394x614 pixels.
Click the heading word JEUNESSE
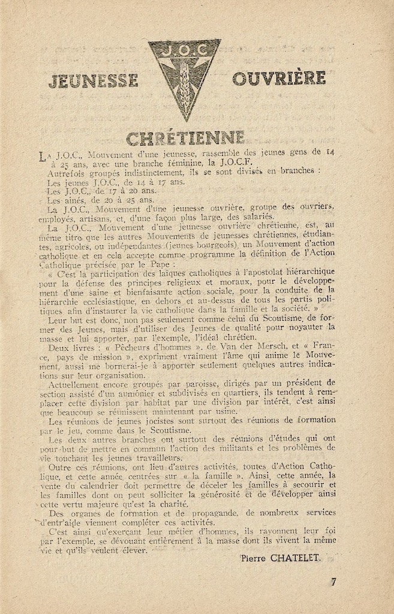pos(93,81)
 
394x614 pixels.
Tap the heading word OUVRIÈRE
pos(279,79)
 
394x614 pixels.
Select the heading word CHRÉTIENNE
pos(185,139)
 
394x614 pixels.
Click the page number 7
pos(333,581)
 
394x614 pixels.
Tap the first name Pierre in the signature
pos(253,558)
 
